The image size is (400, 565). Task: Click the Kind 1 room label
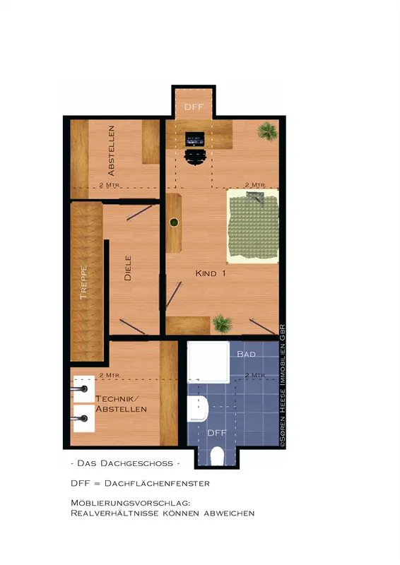click(x=211, y=273)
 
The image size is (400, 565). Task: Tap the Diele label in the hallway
click(x=128, y=268)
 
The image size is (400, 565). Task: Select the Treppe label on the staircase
click(x=83, y=282)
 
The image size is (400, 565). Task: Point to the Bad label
click(x=247, y=355)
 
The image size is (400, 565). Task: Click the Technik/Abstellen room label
click(x=121, y=404)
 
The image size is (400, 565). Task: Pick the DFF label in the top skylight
click(x=194, y=107)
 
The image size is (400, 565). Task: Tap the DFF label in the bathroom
click(x=217, y=433)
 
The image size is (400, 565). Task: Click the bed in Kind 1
click(x=253, y=226)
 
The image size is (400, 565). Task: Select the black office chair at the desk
click(x=196, y=157)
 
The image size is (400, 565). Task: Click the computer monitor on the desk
click(x=195, y=139)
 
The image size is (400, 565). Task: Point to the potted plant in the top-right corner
click(x=268, y=131)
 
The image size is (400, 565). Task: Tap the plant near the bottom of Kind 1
click(x=222, y=323)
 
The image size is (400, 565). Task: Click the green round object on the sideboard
click(x=174, y=222)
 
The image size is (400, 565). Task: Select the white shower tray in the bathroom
click(x=208, y=362)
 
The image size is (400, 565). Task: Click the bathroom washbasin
click(x=198, y=409)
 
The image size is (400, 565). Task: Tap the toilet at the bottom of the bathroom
click(x=217, y=456)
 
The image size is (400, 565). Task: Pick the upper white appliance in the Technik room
click(x=83, y=389)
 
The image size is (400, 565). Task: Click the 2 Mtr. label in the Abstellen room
click(x=110, y=185)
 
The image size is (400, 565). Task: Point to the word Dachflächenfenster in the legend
click(x=157, y=483)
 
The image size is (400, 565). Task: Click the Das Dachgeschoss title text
click(x=125, y=463)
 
